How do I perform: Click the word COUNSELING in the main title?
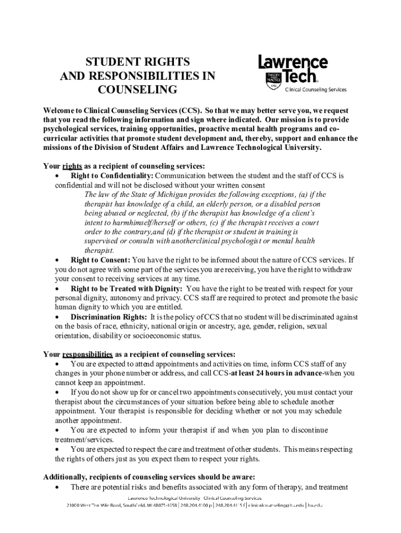137,90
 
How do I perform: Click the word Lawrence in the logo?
293,63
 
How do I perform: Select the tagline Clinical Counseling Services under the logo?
315,90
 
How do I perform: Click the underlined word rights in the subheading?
71,167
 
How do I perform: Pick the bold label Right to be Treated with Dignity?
127,288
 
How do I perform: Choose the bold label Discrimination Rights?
109,316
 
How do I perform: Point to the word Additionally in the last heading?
66,477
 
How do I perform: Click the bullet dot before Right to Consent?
57,260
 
